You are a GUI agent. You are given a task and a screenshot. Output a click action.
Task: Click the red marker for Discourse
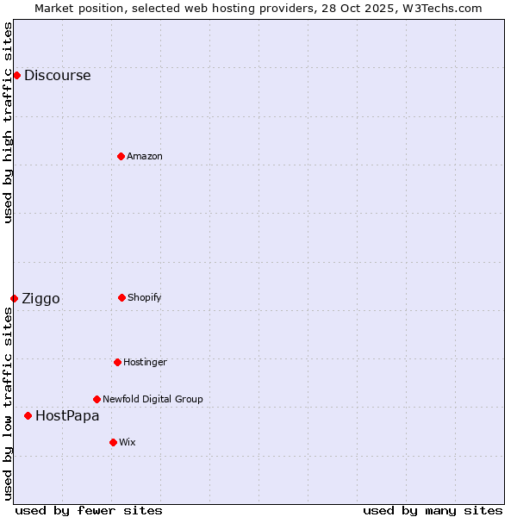tap(16, 75)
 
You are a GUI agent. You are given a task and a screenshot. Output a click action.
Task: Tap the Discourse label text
tap(57, 75)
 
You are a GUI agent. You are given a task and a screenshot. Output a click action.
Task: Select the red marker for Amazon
tap(121, 156)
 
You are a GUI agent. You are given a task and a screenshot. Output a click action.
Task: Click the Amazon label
tap(144, 156)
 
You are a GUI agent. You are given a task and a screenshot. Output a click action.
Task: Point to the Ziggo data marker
tap(14, 298)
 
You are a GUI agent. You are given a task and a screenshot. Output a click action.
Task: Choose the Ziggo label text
tap(40, 299)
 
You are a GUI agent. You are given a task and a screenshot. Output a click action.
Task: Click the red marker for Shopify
tap(121, 297)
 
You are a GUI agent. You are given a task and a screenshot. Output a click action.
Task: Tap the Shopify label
tap(144, 297)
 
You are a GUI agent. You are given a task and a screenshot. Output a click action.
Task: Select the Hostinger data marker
tap(117, 362)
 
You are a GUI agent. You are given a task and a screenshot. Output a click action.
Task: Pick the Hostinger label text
tap(145, 362)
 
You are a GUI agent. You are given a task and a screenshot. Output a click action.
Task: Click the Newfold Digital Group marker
tap(97, 399)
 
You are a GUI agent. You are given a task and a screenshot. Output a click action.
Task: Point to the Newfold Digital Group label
tap(153, 399)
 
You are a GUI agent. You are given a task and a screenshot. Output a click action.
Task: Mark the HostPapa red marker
tap(28, 415)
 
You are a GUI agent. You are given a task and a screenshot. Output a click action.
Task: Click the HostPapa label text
tap(67, 415)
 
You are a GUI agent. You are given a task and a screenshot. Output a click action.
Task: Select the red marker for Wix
tap(113, 442)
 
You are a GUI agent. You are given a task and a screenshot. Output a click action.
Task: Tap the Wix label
tap(127, 442)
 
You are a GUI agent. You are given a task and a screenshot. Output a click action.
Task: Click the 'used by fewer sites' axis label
tap(89, 510)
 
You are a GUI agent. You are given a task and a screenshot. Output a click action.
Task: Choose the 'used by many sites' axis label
tap(433, 510)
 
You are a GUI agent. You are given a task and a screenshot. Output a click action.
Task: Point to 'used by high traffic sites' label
tap(8, 122)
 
